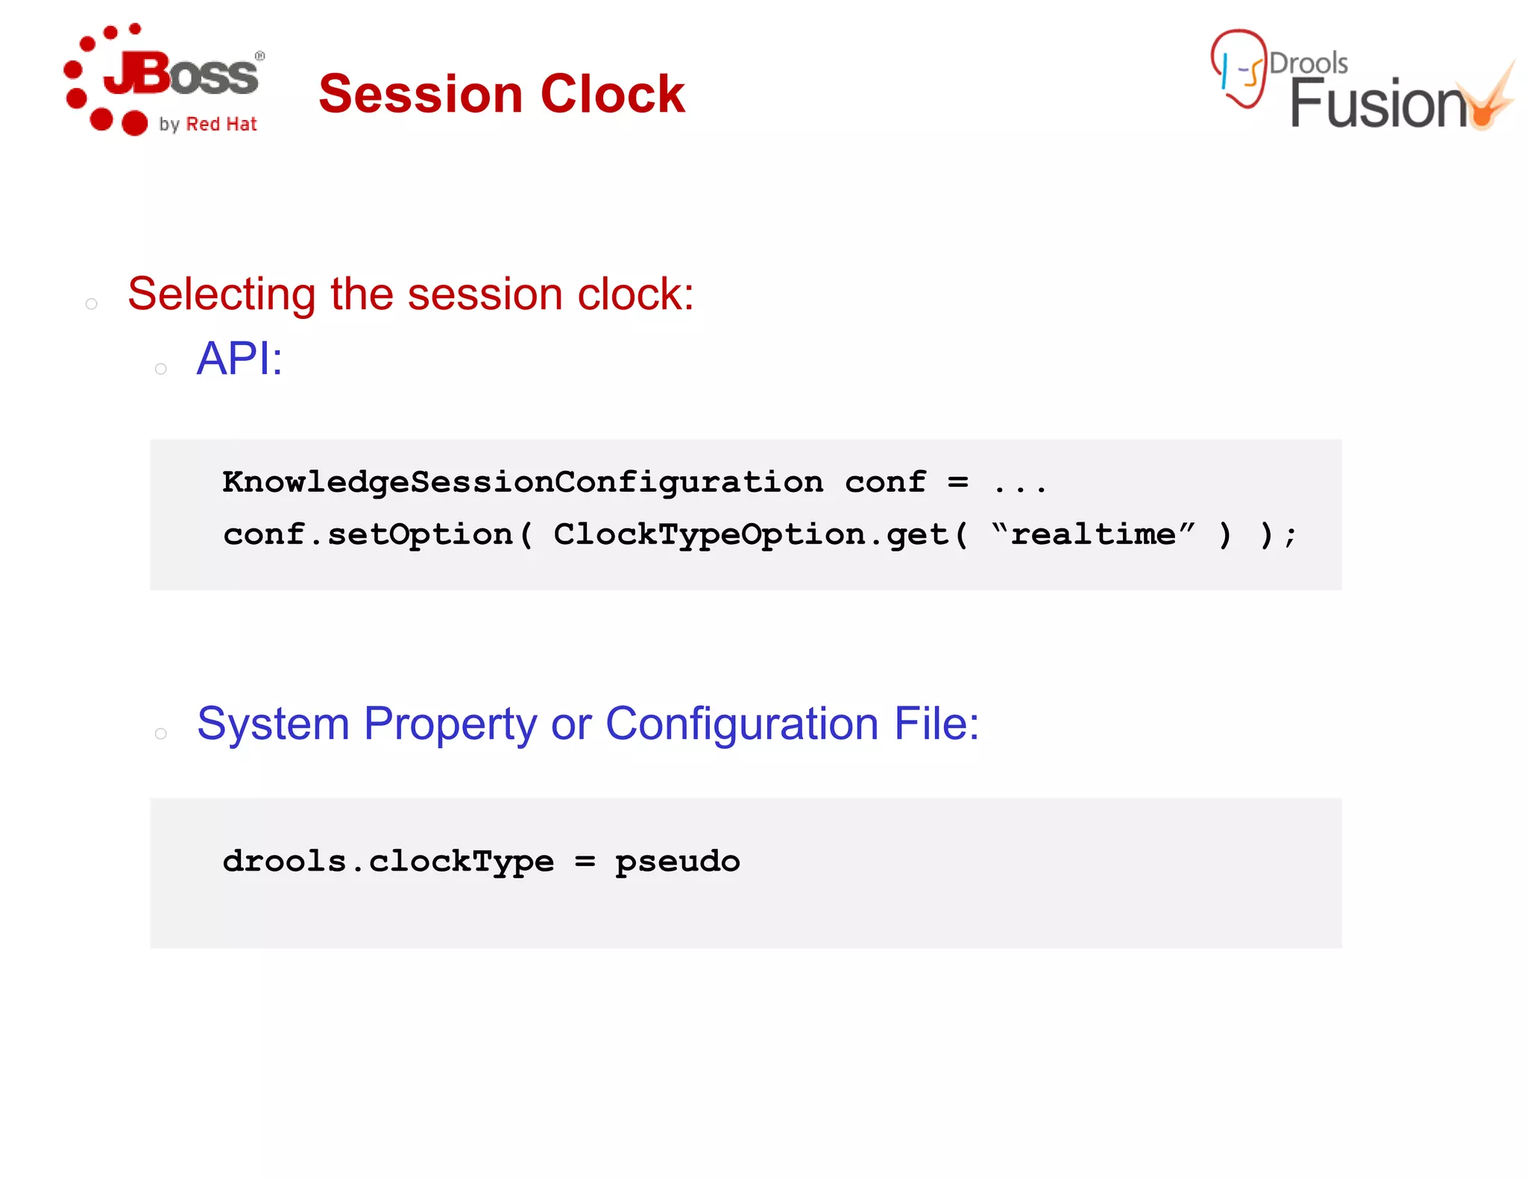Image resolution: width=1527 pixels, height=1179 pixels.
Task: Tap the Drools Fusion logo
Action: (1361, 82)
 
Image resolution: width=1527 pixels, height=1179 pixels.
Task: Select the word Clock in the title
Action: (612, 95)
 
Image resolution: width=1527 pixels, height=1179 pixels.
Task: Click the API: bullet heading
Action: (239, 359)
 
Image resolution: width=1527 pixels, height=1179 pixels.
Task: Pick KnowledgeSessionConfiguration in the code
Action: (523, 483)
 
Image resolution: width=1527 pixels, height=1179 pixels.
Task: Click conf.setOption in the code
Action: (368, 535)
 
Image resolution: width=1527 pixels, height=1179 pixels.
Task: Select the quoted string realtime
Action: (1093, 534)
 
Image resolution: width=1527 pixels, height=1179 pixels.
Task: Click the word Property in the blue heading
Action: (450, 724)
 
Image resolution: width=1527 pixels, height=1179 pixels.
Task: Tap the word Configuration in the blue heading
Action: (742, 724)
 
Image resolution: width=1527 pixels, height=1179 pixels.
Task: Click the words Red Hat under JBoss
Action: (221, 124)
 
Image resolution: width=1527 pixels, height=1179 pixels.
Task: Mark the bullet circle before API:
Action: (160, 369)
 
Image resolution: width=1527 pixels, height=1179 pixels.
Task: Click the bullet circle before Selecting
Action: (92, 304)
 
